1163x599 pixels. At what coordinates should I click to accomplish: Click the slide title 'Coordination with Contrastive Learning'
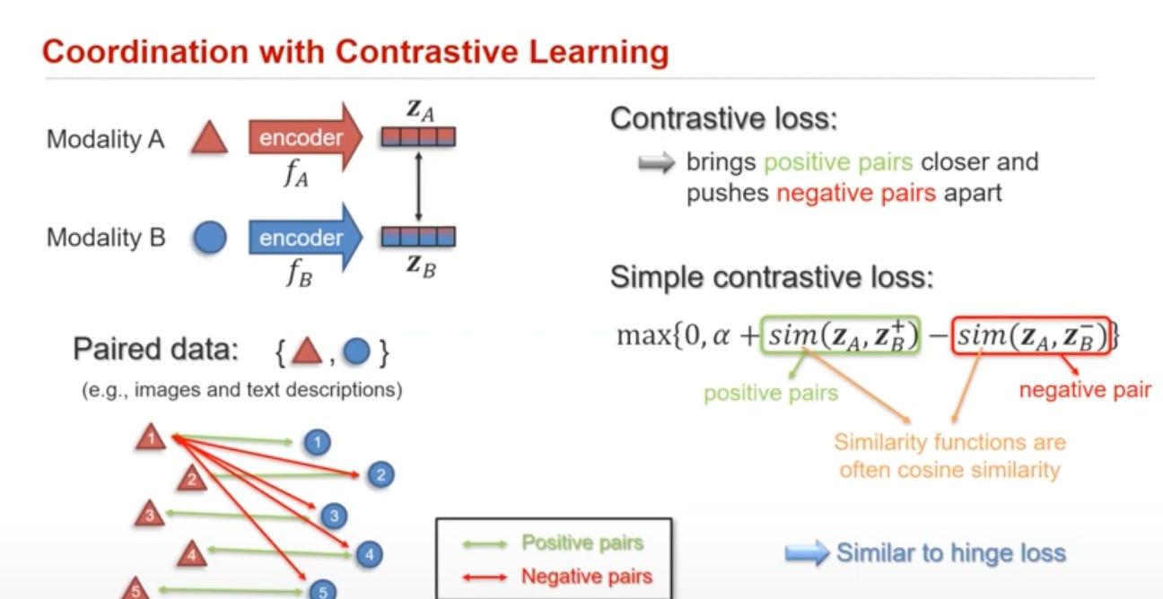pyautogui.click(x=355, y=52)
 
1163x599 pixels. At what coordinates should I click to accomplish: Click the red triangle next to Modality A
pyautogui.click(x=209, y=139)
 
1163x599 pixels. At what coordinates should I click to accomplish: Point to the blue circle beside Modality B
pyautogui.click(x=209, y=239)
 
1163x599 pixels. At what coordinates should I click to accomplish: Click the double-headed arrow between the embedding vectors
pyautogui.click(x=418, y=187)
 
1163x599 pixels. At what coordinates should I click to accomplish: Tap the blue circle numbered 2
pyautogui.click(x=380, y=475)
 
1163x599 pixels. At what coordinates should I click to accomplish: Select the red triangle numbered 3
pyautogui.click(x=150, y=515)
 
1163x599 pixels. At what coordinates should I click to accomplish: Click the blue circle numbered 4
pyautogui.click(x=368, y=554)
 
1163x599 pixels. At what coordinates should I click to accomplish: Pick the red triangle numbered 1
pyautogui.click(x=152, y=438)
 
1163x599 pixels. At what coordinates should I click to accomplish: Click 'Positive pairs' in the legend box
pyautogui.click(x=582, y=543)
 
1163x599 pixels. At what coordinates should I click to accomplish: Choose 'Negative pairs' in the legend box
pyautogui.click(x=586, y=576)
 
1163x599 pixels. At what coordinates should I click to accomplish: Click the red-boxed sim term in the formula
pyautogui.click(x=1032, y=335)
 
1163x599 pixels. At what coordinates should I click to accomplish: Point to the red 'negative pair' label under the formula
pyautogui.click(x=1085, y=389)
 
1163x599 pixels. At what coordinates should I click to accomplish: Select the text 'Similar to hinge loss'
pyautogui.click(x=950, y=552)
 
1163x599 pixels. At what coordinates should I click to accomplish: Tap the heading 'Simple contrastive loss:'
pyautogui.click(x=772, y=277)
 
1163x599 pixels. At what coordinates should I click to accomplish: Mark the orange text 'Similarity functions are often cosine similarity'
pyautogui.click(x=949, y=456)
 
